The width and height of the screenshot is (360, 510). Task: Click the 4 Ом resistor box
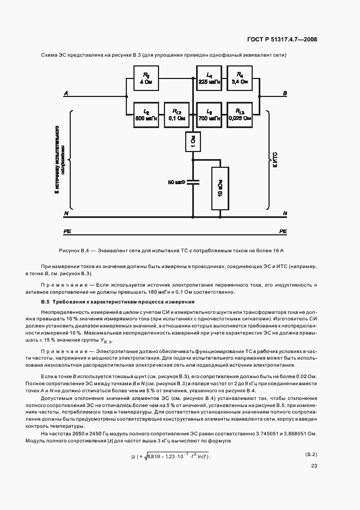click(x=146, y=78)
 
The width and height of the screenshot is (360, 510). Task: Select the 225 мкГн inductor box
click(x=210, y=78)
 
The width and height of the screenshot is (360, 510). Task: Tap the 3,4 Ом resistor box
click(x=240, y=78)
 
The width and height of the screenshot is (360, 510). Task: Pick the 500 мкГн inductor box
click(x=146, y=114)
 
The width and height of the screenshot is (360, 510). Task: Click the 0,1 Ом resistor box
click(x=176, y=114)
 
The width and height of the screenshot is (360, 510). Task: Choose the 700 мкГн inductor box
click(x=210, y=114)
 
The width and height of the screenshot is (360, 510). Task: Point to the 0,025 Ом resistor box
click(x=240, y=114)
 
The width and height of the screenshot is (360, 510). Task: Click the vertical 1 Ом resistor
click(x=193, y=143)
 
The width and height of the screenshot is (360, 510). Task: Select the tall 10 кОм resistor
click(x=219, y=188)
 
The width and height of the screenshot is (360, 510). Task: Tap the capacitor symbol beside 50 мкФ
click(x=193, y=183)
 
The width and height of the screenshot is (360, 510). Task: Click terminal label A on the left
click(x=66, y=94)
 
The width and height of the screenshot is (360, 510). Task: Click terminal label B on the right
click(x=284, y=94)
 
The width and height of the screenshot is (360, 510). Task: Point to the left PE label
click(x=68, y=231)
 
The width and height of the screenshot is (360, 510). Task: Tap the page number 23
click(x=314, y=466)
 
